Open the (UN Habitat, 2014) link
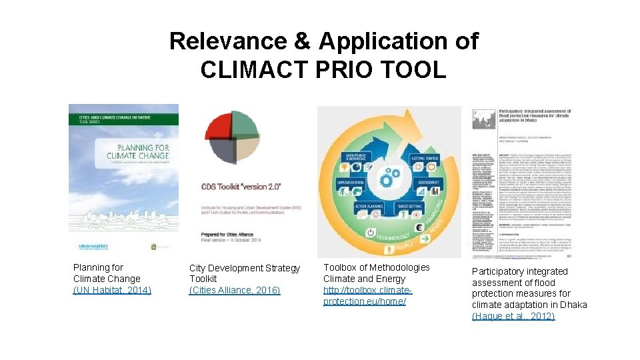(112, 290)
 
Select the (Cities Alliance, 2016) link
(235, 290)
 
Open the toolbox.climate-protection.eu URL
(367, 296)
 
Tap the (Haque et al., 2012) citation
(513, 316)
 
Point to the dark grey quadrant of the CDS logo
(220, 149)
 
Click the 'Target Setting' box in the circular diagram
(413, 207)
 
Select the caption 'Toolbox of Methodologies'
(377, 267)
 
